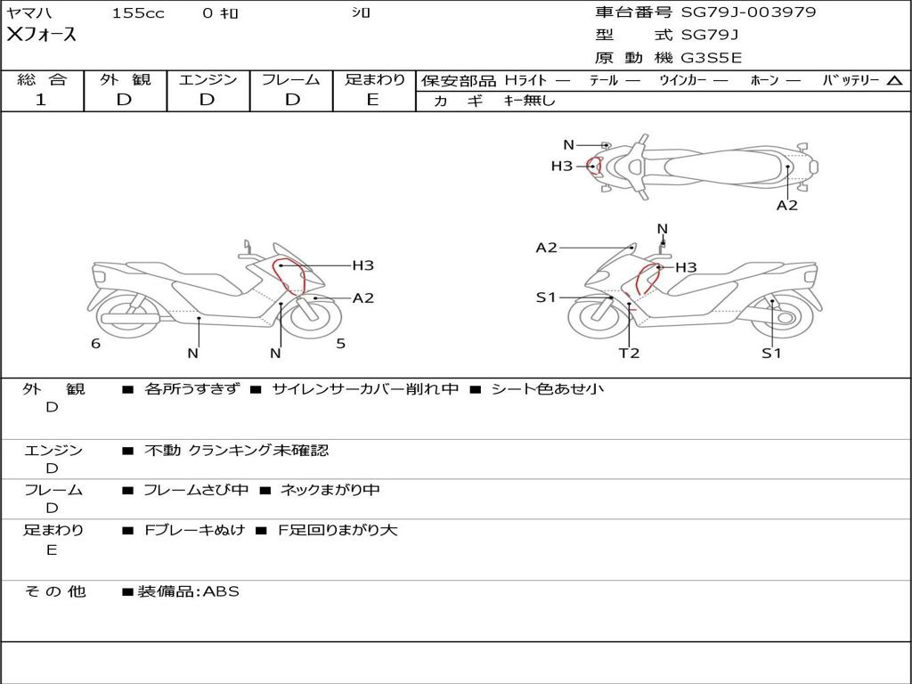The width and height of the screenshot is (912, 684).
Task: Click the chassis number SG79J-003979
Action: [x=748, y=12]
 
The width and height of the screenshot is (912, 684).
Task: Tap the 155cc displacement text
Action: [x=138, y=13]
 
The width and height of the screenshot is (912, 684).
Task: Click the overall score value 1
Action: [x=41, y=100]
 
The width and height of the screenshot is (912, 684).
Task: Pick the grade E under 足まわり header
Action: [x=372, y=100]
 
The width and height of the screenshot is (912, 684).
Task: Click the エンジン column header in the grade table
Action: [x=208, y=80]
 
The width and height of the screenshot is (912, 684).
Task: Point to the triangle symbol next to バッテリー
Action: [x=894, y=81]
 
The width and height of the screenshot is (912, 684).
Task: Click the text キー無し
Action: [x=529, y=101]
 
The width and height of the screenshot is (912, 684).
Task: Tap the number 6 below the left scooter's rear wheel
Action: [x=95, y=343]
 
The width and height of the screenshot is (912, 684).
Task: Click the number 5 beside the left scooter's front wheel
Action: [x=340, y=343]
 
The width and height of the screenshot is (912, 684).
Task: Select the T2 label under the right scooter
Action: [x=630, y=353]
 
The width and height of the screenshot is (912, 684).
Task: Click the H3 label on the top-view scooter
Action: [x=561, y=166]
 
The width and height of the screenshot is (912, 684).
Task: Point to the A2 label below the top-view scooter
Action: [x=786, y=205]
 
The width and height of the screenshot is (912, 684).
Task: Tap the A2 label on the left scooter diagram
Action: [x=362, y=298]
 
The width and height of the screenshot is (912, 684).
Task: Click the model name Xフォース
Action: [x=41, y=35]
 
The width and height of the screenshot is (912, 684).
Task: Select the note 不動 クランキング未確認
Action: [x=236, y=451]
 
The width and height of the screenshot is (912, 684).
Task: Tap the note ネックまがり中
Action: [x=330, y=490]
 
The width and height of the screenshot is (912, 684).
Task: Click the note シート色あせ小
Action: [x=547, y=389]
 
